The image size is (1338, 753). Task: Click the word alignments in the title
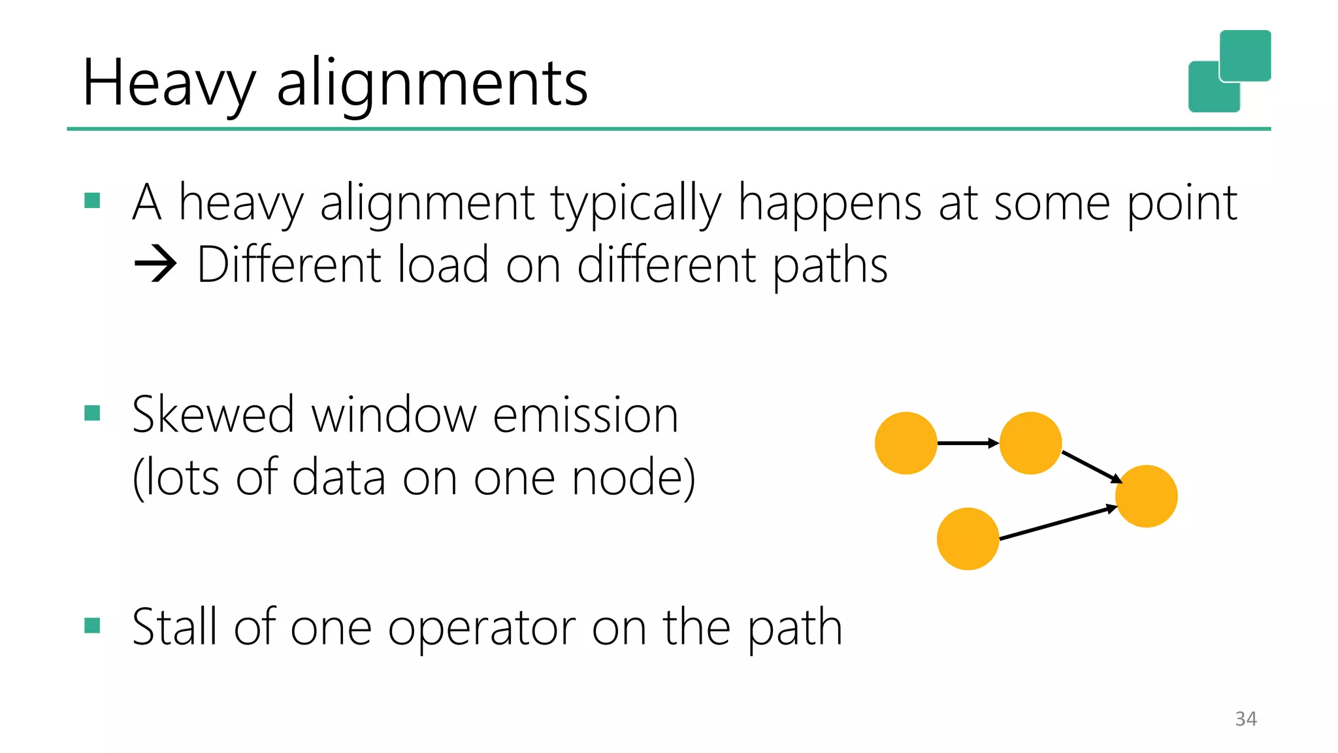click(432, 84)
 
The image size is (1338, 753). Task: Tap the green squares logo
click(1229, 71)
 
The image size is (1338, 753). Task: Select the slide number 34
click(1246, 719)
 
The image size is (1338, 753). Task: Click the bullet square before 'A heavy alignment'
click(92, 200)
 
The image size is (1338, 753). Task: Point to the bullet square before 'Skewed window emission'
click(92, 413)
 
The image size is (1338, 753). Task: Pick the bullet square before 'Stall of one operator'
click(92, 626)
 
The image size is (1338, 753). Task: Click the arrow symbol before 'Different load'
click(155, 265)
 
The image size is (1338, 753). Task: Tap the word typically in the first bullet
click(636, 203)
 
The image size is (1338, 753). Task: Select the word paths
click(830, 265)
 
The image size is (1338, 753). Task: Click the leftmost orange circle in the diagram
click(906, 443)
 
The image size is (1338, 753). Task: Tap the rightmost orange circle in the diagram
click(1146, 496)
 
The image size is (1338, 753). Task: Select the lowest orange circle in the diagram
click(968, 539)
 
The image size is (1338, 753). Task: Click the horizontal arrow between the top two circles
click(968, 443)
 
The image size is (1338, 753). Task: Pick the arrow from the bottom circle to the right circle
click(1058, 523)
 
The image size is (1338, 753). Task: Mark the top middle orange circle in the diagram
click(1030, 443)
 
